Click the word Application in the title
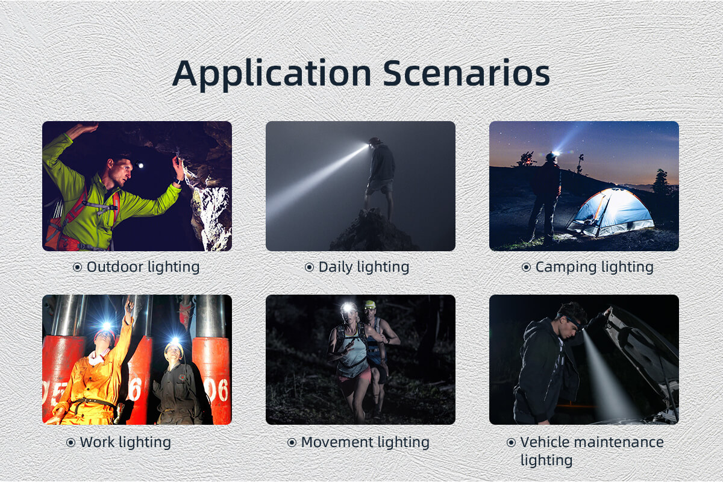(272, 75)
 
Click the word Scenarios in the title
(466, 74)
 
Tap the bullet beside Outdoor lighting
(77, 268)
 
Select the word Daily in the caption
(336, 268)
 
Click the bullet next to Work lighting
(70, 442)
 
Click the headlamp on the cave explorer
(140, 165)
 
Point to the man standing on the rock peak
(380, 177)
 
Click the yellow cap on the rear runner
(370, 304)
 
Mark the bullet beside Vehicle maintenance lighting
(511, 442)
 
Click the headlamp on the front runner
(348, 307)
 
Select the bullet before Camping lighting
(526, 268)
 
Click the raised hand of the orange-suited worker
(130, 306)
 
